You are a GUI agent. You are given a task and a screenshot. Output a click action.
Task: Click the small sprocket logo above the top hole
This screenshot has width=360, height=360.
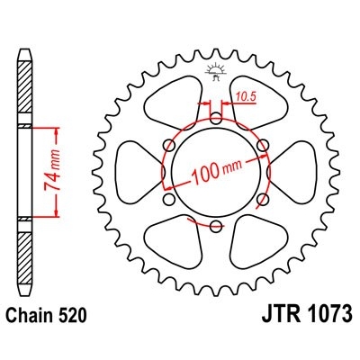(x=217, y=72)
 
